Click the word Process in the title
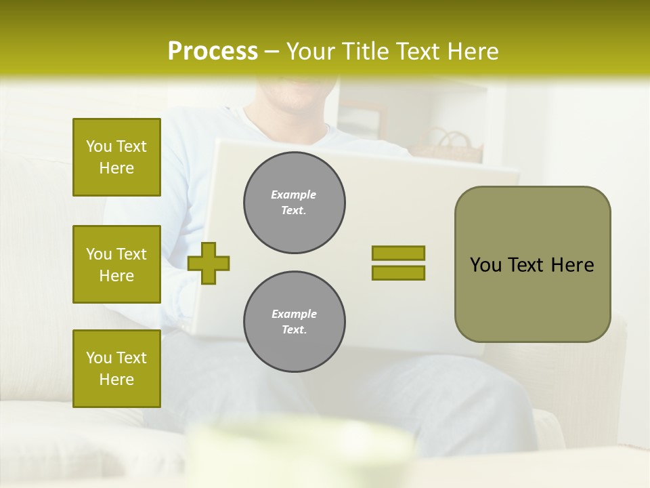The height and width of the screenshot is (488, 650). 213,52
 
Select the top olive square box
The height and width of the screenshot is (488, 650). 116,157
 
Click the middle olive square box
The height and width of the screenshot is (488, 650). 116,264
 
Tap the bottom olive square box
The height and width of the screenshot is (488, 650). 116,369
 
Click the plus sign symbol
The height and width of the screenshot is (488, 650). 209,263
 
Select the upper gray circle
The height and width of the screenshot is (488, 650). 294,203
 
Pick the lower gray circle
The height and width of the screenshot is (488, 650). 294,322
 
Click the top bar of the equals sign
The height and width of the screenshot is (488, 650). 398,253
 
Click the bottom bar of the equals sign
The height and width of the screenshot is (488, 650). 398,272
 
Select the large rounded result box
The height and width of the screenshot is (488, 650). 532,264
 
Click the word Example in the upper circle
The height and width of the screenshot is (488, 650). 294,195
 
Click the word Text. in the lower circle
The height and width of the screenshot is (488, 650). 294,330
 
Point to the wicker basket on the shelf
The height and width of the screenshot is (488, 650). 448,146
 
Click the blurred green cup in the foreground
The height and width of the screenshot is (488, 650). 298,451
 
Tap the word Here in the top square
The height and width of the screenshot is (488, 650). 116,168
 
